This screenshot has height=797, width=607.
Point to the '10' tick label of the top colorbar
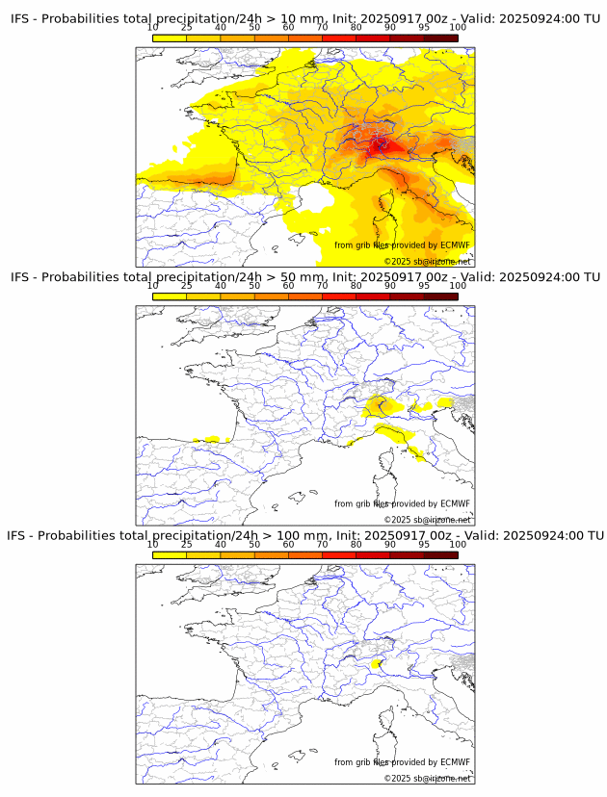153,28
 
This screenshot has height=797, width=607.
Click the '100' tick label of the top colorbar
458,28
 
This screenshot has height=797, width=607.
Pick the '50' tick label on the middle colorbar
254,286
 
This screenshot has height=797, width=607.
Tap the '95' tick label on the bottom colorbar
424,545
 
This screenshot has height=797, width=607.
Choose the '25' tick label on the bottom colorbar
187,545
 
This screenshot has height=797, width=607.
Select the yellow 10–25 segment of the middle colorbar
170,296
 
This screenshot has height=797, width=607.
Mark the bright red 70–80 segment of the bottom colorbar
338,555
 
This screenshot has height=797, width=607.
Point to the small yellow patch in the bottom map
377,663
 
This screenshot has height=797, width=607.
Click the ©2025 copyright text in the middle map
427,520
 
